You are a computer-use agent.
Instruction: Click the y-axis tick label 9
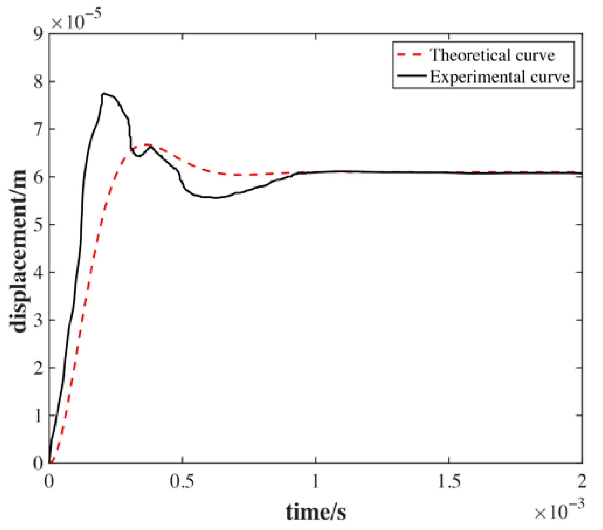38,35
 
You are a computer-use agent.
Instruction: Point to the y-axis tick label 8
38,82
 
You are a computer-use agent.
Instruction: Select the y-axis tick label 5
38,225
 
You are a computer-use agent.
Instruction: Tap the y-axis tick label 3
38,320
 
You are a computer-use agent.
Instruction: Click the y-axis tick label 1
38,416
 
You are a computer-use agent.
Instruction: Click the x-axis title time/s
316,512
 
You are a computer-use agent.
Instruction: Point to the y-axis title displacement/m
18,251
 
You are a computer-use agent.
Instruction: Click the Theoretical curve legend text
492,56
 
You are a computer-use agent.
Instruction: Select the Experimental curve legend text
499,77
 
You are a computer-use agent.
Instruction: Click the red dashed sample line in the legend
409,55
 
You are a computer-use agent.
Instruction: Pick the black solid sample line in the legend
411,76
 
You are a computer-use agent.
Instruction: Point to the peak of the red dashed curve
145,144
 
